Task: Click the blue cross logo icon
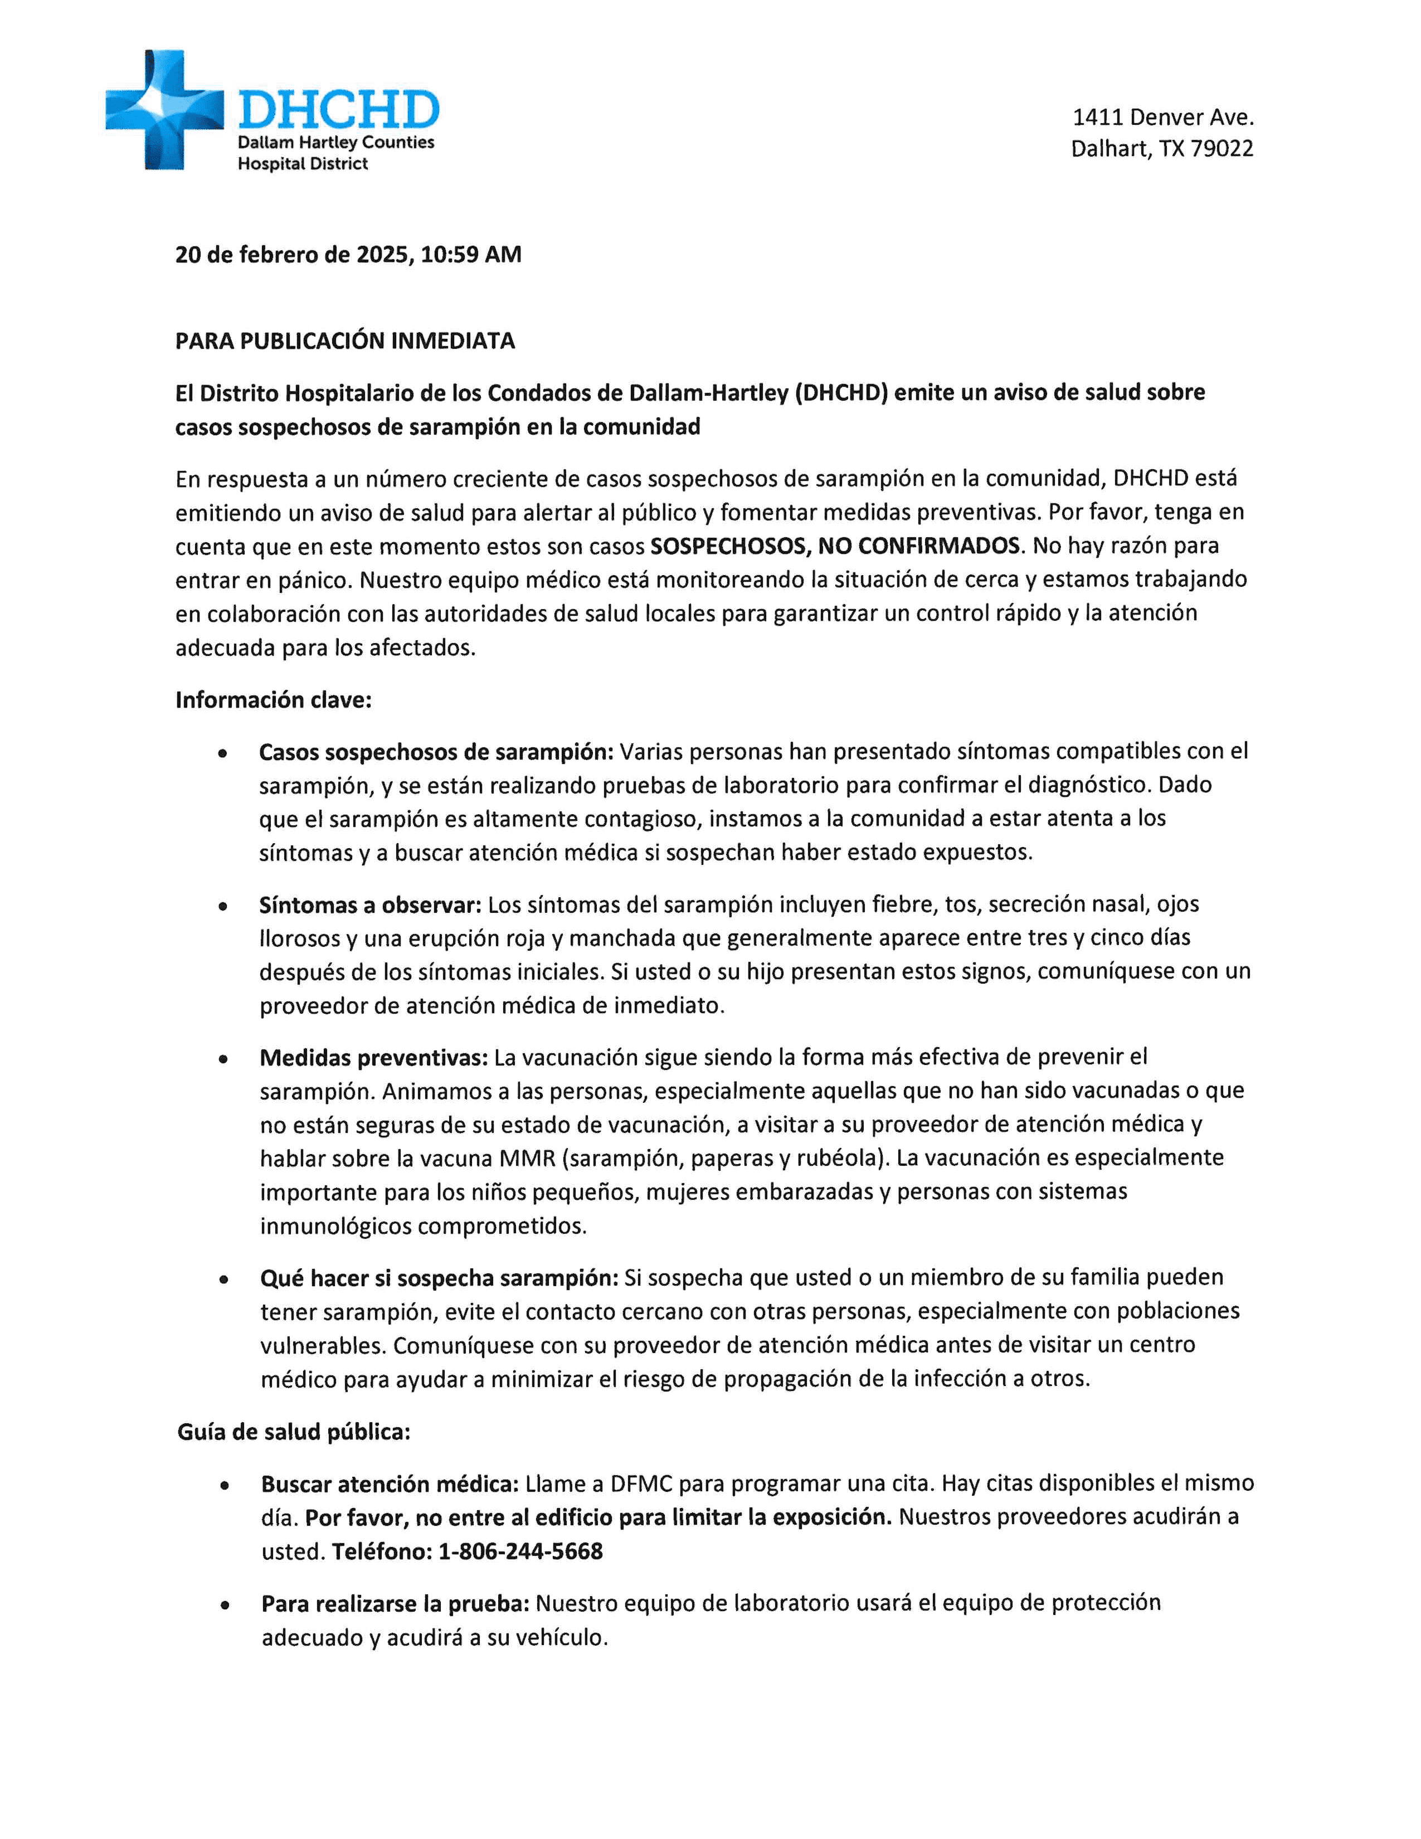pos(164,109)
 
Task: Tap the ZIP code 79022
pos(1222,149)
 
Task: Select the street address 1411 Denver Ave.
pos(1162,117)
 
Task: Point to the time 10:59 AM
pos(470,254)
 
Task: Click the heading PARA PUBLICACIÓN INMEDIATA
pos(345,341)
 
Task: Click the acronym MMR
pos(527,1159)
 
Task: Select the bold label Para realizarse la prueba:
pos(395,1603)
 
